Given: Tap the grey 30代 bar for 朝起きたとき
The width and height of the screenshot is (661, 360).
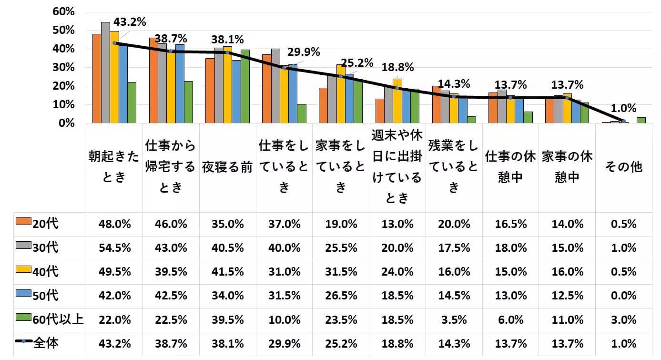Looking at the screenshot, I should pos(105,72).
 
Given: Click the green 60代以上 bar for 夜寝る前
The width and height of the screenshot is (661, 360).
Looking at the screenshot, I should pos(245,86).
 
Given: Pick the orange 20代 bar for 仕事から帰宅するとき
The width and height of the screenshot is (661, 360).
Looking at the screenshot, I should pos(153,81).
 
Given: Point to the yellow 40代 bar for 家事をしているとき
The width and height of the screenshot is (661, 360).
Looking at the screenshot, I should pos(340,94).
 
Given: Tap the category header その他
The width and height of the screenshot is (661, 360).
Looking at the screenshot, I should pos(623,166).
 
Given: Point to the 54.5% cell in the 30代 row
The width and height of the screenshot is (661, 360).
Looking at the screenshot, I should pos(114,248).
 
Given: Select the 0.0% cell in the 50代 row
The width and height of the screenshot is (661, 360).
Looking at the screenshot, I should pos(623,296).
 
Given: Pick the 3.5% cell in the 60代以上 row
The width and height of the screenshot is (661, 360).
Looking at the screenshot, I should pos(454,319).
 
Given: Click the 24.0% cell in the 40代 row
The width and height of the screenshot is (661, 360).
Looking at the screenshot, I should pos(397,272).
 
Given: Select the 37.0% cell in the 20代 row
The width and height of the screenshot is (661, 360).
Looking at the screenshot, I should pos(284,224).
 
